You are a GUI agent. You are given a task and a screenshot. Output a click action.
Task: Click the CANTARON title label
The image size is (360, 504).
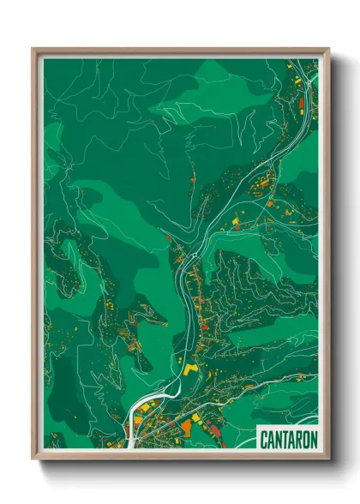click(x=288, y=439)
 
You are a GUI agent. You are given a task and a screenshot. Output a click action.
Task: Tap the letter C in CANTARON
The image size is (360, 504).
click(x=264, y=439)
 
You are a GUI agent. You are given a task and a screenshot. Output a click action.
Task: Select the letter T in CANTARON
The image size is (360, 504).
click(x=284, y=439)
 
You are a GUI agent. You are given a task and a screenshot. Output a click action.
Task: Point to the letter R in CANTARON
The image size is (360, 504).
click(x=297, y=439)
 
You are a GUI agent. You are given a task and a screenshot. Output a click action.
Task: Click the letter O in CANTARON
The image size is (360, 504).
click(x=305, y=439)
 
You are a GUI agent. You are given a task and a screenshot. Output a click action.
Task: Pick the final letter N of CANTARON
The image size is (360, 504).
click(x=313, y=439)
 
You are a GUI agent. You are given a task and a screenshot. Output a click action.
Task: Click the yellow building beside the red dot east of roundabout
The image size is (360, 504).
click(x=237, y=221)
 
